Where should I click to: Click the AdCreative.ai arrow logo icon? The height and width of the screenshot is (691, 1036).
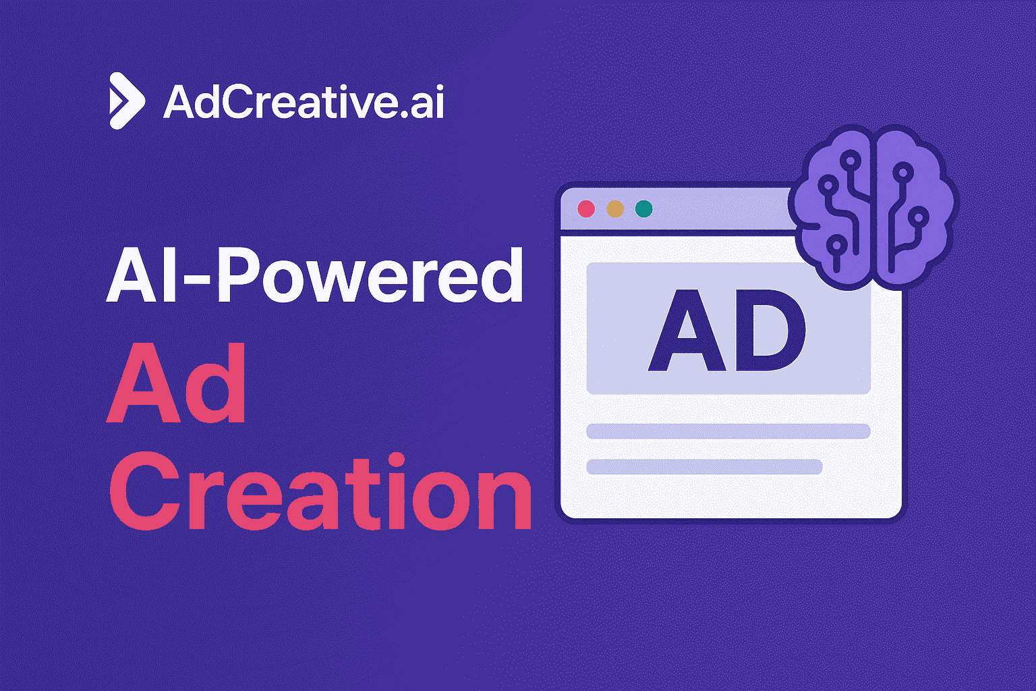[127, 101]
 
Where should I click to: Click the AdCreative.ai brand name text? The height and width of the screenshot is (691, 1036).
[304, 101]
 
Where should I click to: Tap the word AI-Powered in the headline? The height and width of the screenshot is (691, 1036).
[315, 276]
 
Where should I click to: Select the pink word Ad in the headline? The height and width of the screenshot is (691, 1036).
[176, 383]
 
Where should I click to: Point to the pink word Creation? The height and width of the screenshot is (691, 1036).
[320, 491]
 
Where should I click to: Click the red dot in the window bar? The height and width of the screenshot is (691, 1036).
[586, 209]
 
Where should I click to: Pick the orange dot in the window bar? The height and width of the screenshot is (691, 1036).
[615, 209]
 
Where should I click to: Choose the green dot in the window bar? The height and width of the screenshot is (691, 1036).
[644, 209]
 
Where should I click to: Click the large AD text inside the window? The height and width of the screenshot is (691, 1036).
[727, 330]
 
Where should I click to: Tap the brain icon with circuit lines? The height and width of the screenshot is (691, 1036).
[873, 207]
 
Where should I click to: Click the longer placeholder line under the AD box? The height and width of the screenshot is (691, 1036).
[728, 431]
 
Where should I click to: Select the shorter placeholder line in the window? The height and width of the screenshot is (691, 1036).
[704, 466]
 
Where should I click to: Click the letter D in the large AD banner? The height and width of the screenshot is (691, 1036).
[770, 331]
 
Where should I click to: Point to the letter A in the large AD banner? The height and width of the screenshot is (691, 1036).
[687, 331]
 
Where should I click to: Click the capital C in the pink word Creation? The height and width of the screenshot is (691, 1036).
[144, 491]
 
